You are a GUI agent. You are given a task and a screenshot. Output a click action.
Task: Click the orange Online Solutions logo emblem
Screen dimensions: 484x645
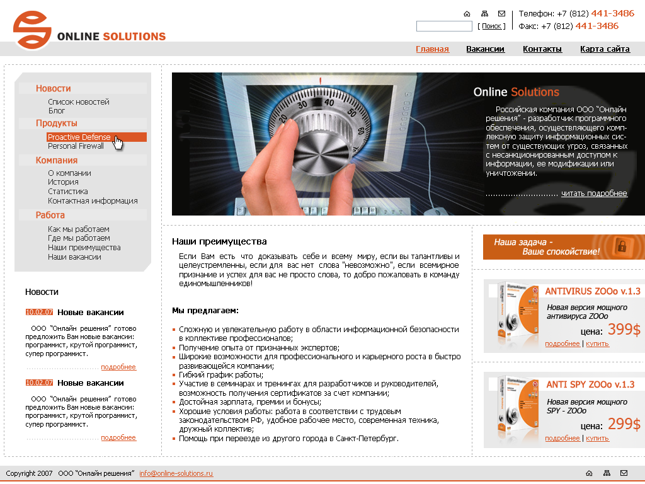point(32,30)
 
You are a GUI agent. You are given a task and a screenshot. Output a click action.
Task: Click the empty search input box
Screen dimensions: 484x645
point(444,26)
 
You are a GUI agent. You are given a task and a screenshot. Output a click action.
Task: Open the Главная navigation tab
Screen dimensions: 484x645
point(432,49)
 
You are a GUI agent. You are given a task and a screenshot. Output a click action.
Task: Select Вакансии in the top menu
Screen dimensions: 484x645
point(485,49)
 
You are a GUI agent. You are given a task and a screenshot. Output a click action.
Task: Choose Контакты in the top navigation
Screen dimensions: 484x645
point(542,49)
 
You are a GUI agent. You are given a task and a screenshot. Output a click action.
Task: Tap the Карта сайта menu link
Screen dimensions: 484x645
point(605,49)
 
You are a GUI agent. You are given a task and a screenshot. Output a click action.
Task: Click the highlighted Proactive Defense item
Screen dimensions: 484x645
point(79,137)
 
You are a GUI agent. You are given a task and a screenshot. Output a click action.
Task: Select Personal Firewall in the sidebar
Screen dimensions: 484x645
point(76,146)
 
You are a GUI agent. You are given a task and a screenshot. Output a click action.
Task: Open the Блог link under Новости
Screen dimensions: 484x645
point(57,111)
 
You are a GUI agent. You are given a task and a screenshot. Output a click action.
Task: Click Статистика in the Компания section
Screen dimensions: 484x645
point(68,192)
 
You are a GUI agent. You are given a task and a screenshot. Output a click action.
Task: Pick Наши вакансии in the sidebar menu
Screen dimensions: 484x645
point(74,257)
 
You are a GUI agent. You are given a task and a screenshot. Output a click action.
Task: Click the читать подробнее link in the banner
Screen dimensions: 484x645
point(594,193)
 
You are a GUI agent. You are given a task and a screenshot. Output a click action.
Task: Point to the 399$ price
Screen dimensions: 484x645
point(624,330)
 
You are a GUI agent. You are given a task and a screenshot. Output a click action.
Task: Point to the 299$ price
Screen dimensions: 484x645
point(624,424)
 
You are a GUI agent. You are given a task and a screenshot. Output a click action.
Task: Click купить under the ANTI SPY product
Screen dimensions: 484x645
point(597,439)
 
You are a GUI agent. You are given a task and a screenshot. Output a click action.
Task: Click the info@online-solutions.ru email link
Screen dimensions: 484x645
point(176,473)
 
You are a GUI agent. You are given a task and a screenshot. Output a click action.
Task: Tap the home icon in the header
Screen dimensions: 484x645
point(467,13)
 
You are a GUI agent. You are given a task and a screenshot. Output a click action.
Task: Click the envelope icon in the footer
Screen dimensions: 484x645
point(624,473)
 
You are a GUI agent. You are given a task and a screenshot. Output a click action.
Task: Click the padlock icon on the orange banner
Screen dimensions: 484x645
point(621,246)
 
